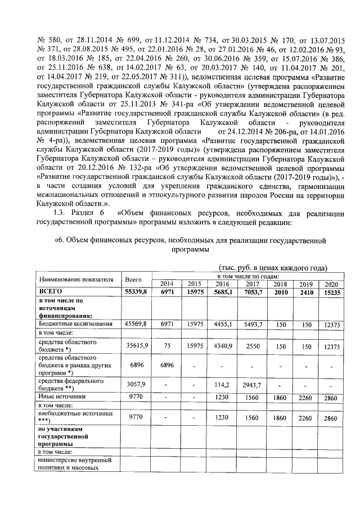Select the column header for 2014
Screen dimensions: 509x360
(167, 283)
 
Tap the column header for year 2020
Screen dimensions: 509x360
(330, 283)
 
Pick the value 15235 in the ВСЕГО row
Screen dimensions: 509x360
(330, 292)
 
